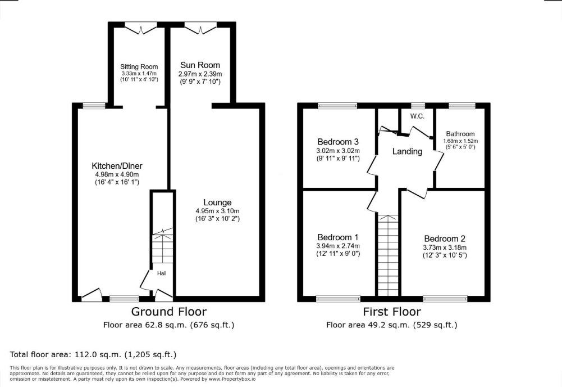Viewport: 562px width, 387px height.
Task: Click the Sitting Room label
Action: click(139, 67)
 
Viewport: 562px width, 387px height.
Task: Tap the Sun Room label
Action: click(200, 65)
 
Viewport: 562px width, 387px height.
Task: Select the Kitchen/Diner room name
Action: click(117, 166)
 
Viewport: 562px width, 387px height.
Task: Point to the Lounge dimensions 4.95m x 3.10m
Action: click(217, 211)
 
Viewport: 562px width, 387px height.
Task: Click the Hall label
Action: click(162, 273)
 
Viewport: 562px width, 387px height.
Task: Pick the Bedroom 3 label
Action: click(338, 142)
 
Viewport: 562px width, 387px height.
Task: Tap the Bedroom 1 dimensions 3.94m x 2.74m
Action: click(338, 246)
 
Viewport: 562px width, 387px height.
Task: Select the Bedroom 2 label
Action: click(445, 238)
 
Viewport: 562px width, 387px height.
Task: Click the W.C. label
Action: click(418, 116)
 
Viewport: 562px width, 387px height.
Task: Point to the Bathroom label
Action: click(460, 134)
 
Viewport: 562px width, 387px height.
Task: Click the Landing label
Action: click(407, 151)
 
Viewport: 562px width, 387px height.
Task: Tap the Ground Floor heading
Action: click(169, 311)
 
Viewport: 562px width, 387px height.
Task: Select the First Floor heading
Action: click(392, 311)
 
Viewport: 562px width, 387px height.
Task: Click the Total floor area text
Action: click(93, 355)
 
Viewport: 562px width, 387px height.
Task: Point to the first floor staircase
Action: click(388, 255)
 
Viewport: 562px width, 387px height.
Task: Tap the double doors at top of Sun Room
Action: click(201, 28)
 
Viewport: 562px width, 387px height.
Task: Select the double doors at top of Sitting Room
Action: click(141, 28)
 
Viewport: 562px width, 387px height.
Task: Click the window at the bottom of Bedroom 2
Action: click(445, 299)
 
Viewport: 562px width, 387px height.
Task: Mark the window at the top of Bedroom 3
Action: click(337, 106)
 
